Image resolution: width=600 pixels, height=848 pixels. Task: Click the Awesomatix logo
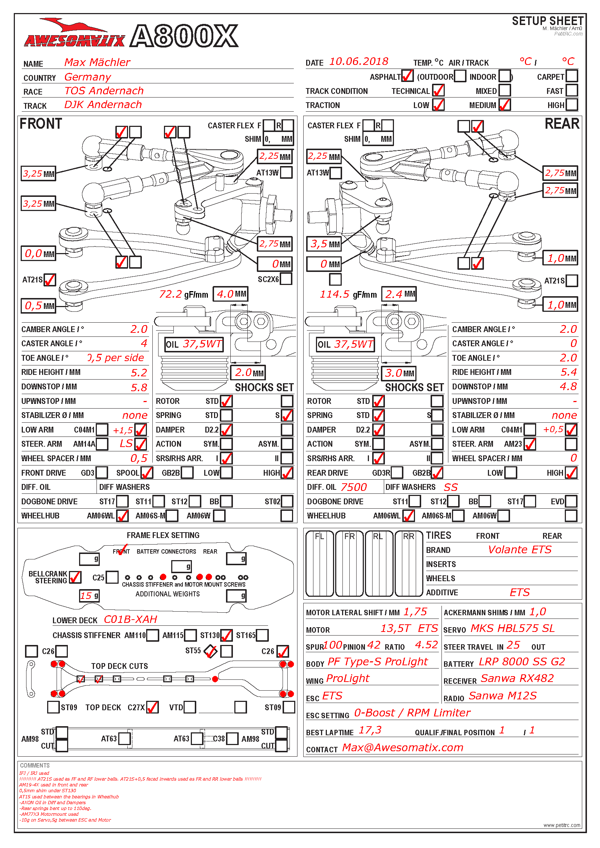[74, 35]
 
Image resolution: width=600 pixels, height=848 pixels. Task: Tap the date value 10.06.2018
[358, 62]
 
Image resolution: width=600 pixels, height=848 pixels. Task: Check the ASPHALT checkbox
[407, 76]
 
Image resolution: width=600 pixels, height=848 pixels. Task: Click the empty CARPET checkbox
[572, 76]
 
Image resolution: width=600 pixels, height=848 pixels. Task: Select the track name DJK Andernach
[103, 105]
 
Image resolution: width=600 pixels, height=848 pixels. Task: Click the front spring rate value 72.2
[170, 294]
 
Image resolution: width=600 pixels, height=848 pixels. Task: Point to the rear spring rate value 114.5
[334, 294]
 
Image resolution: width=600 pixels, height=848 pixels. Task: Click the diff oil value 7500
[354, 488]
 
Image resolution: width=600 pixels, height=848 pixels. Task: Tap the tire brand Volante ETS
[519, 550]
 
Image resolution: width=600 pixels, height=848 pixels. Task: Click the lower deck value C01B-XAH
[131, 619]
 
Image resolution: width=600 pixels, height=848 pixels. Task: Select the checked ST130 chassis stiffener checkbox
[226, 635]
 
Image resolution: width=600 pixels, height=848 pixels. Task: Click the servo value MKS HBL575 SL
[513, 629]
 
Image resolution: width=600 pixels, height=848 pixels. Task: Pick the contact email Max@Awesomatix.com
[402, 748]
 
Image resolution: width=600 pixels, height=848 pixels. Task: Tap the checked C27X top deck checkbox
[152, 707]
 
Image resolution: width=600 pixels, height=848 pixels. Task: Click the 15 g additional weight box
[89, 596]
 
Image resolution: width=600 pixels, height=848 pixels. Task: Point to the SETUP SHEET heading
[547, 21]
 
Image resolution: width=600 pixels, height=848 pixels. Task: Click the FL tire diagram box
[320, 564]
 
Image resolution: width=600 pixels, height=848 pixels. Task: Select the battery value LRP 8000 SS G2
[522, 662]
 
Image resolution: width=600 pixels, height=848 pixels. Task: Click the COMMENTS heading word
[35, 766]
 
